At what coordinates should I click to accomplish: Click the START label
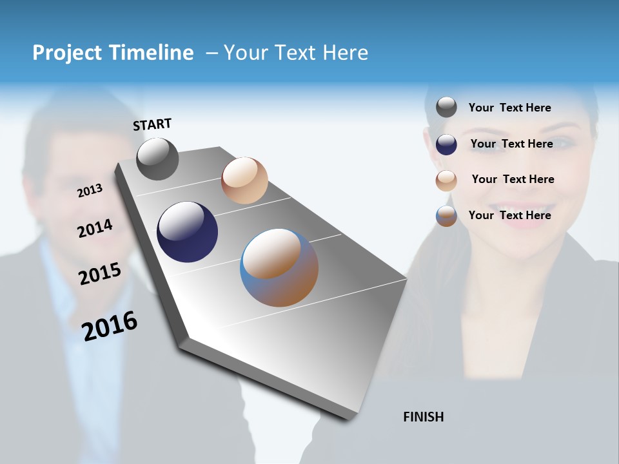click(152, 124)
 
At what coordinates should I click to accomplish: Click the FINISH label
click(423, 417)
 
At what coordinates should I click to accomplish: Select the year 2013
click(90, 191)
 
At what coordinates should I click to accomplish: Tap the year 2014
click(95, 228)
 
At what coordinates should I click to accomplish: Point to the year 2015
click(100, 274)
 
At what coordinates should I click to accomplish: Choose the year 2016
click(110, 325)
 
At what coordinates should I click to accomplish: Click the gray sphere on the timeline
click(157, 159)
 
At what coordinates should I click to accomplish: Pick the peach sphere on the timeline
click(244, 180)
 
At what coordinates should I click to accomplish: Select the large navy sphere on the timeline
click(187, 232)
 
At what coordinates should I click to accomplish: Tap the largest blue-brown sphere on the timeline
click(279, 267)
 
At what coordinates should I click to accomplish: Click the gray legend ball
click(446, 107)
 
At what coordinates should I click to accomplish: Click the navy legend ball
click(446, 144)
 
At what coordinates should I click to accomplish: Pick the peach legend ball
click(446, 180)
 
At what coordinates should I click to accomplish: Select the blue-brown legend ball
click(446, 216)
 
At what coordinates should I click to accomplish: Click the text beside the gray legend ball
click(509, 108)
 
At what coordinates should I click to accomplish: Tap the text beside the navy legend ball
click(511, 144)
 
